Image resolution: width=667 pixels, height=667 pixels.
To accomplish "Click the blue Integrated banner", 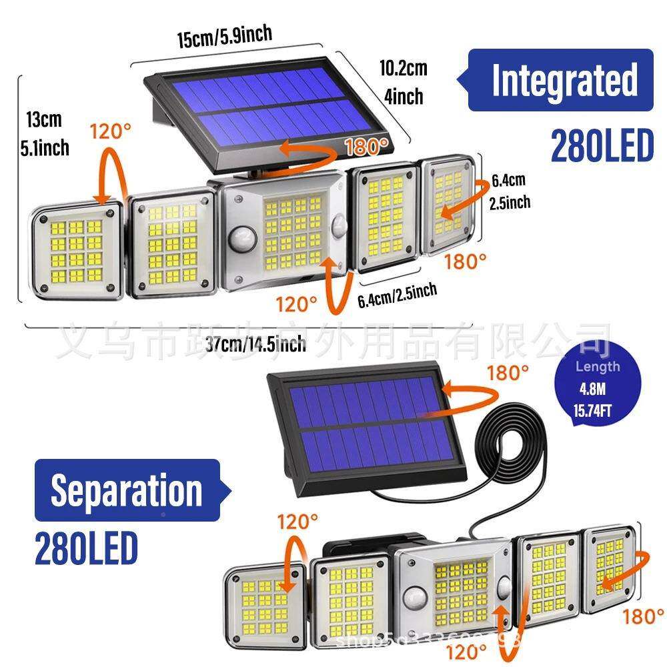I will tap(560, 80).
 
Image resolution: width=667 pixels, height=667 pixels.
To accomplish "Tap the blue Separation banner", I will tap(127, 491).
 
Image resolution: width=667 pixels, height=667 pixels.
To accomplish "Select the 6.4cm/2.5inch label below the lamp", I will tap(398, 294).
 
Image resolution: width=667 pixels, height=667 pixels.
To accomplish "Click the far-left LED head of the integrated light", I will tap(79, 250).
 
